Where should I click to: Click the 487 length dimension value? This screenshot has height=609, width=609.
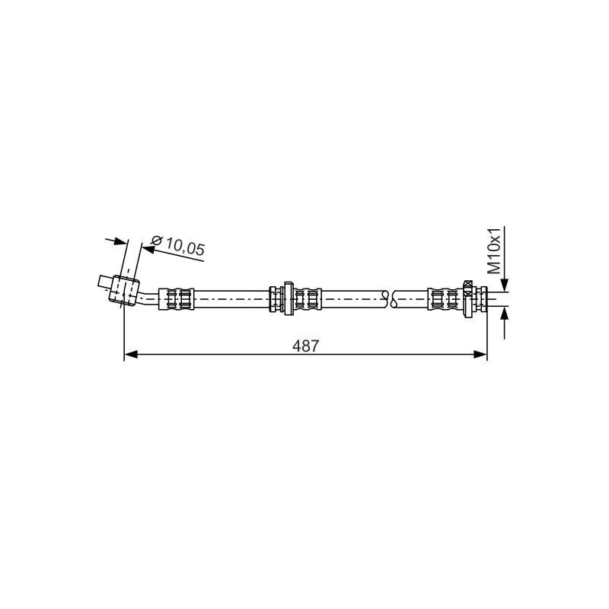305,346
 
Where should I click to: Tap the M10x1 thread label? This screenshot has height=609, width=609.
494,250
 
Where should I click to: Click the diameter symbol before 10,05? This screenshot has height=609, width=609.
156,241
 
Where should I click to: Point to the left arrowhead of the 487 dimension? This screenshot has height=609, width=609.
130,354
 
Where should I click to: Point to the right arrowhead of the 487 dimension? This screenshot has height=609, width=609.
480,354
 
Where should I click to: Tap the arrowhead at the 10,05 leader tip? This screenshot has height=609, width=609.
148,249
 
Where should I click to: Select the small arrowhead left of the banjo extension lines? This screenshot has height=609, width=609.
120,242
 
